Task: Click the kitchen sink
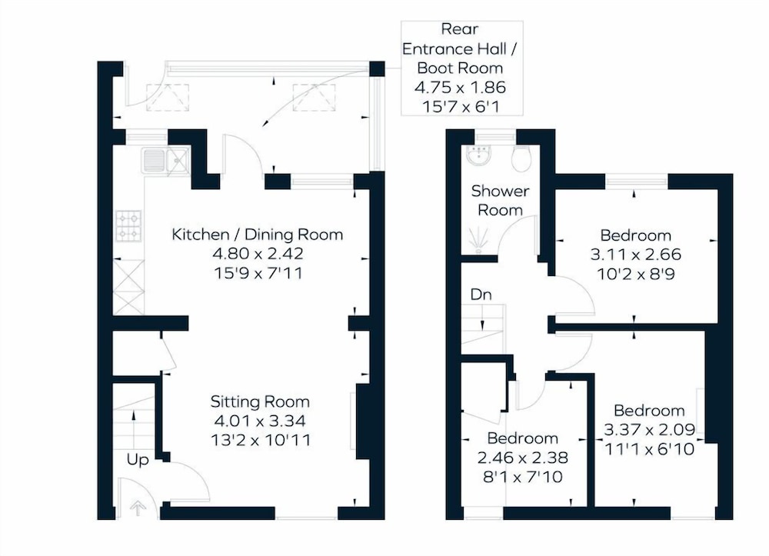pos(166,160)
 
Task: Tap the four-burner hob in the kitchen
pos(128,226)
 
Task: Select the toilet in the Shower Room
pos(521,158)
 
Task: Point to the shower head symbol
pos(478,241)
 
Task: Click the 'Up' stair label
pos(138,460)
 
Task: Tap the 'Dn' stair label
pos(481,295)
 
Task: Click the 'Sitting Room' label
pos(260,401)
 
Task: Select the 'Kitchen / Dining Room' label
pos(257,235)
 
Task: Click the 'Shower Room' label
pos(501,200)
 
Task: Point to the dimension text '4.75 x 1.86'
pos(460,87)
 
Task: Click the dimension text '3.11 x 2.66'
pos(636,255)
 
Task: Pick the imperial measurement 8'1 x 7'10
pos(522,477)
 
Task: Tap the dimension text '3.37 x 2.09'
pos(649,430)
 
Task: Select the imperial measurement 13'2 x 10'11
pos(261,440)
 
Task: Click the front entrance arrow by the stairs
pos(138,508)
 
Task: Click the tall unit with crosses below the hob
pos(128,288)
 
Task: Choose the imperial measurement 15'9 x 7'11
pos(258,272)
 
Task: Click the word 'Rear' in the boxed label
pos(460,29)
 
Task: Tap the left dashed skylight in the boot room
pos(167,97)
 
